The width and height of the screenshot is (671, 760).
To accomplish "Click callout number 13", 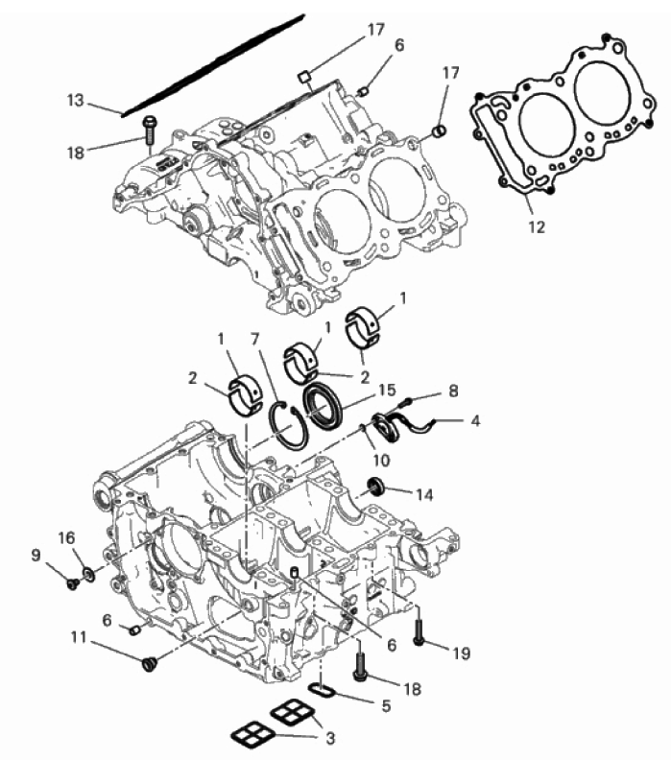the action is coord(76,101).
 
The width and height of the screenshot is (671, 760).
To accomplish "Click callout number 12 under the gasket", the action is coord(537,226).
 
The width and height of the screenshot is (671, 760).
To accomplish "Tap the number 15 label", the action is coord(387,391).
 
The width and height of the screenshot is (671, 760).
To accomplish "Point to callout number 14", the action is coord(424,494).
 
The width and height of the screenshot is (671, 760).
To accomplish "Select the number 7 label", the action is coord(255,339).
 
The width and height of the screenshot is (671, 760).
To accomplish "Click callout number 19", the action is coord(461,653).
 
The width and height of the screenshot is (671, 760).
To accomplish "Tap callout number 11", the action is coord(79,637).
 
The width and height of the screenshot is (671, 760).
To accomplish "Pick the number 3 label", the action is coord(330,738).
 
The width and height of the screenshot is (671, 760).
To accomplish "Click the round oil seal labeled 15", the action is coord(324,405).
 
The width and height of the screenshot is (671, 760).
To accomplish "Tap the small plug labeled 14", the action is coord(375,487).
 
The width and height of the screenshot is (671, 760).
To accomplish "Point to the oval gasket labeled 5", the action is coord(322,690).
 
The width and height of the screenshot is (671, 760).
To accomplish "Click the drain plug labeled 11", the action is coord(149,663).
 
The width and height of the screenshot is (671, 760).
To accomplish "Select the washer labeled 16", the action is coord(88,575).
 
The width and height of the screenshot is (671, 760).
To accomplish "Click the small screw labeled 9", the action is coord(73,583).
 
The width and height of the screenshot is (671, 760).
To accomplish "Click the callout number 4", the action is coord(475,420).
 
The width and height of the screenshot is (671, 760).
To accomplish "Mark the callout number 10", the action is coord(381,460).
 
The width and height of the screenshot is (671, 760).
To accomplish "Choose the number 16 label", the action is coord(67,537).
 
